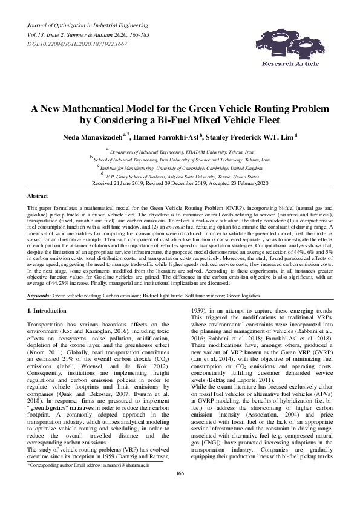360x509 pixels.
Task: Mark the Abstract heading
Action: tap(38, 196)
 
